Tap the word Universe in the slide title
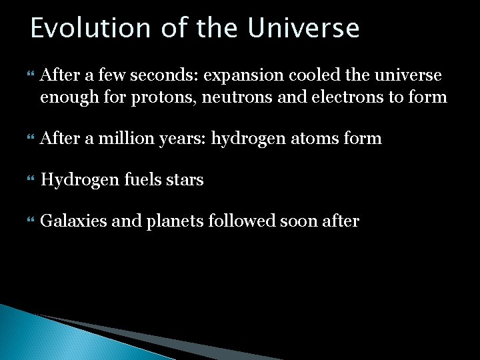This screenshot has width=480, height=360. click(x=303, y=29)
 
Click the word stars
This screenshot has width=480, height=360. click(x=184, y=180)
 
